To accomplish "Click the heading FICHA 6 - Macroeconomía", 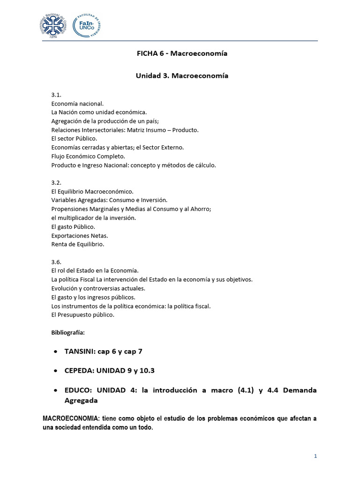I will pyautogui.click(x=182, y=53).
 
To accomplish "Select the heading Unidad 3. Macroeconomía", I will pyautogui.click(x=182, y=75).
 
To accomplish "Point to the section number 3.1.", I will pyautogui.click(x=56, y=95).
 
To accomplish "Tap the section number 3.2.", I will pyautogui.click(x=56, y=183).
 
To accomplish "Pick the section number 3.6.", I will pyautogui.click(x=56, y=262).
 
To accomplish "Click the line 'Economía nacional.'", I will pyautogui.click(x=77, y=103).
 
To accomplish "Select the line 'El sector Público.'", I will pyautogui.click(x=74, y=139).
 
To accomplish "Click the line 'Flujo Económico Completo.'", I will pyautogui.click(x=88, y=156).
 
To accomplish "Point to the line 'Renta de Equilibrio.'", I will pyautogui.click(x=77, y=244).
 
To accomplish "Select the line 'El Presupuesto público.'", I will pyautogui.click(x=82, y=315).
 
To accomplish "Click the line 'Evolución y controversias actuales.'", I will pyautogui.click(x=98, y=288).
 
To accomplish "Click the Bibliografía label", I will pyautogui.click(x=67, y=332).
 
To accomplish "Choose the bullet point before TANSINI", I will pyautogui.click(x=56, y=351).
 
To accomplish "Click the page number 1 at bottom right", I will pyautogui.click(x=316, y=456).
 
